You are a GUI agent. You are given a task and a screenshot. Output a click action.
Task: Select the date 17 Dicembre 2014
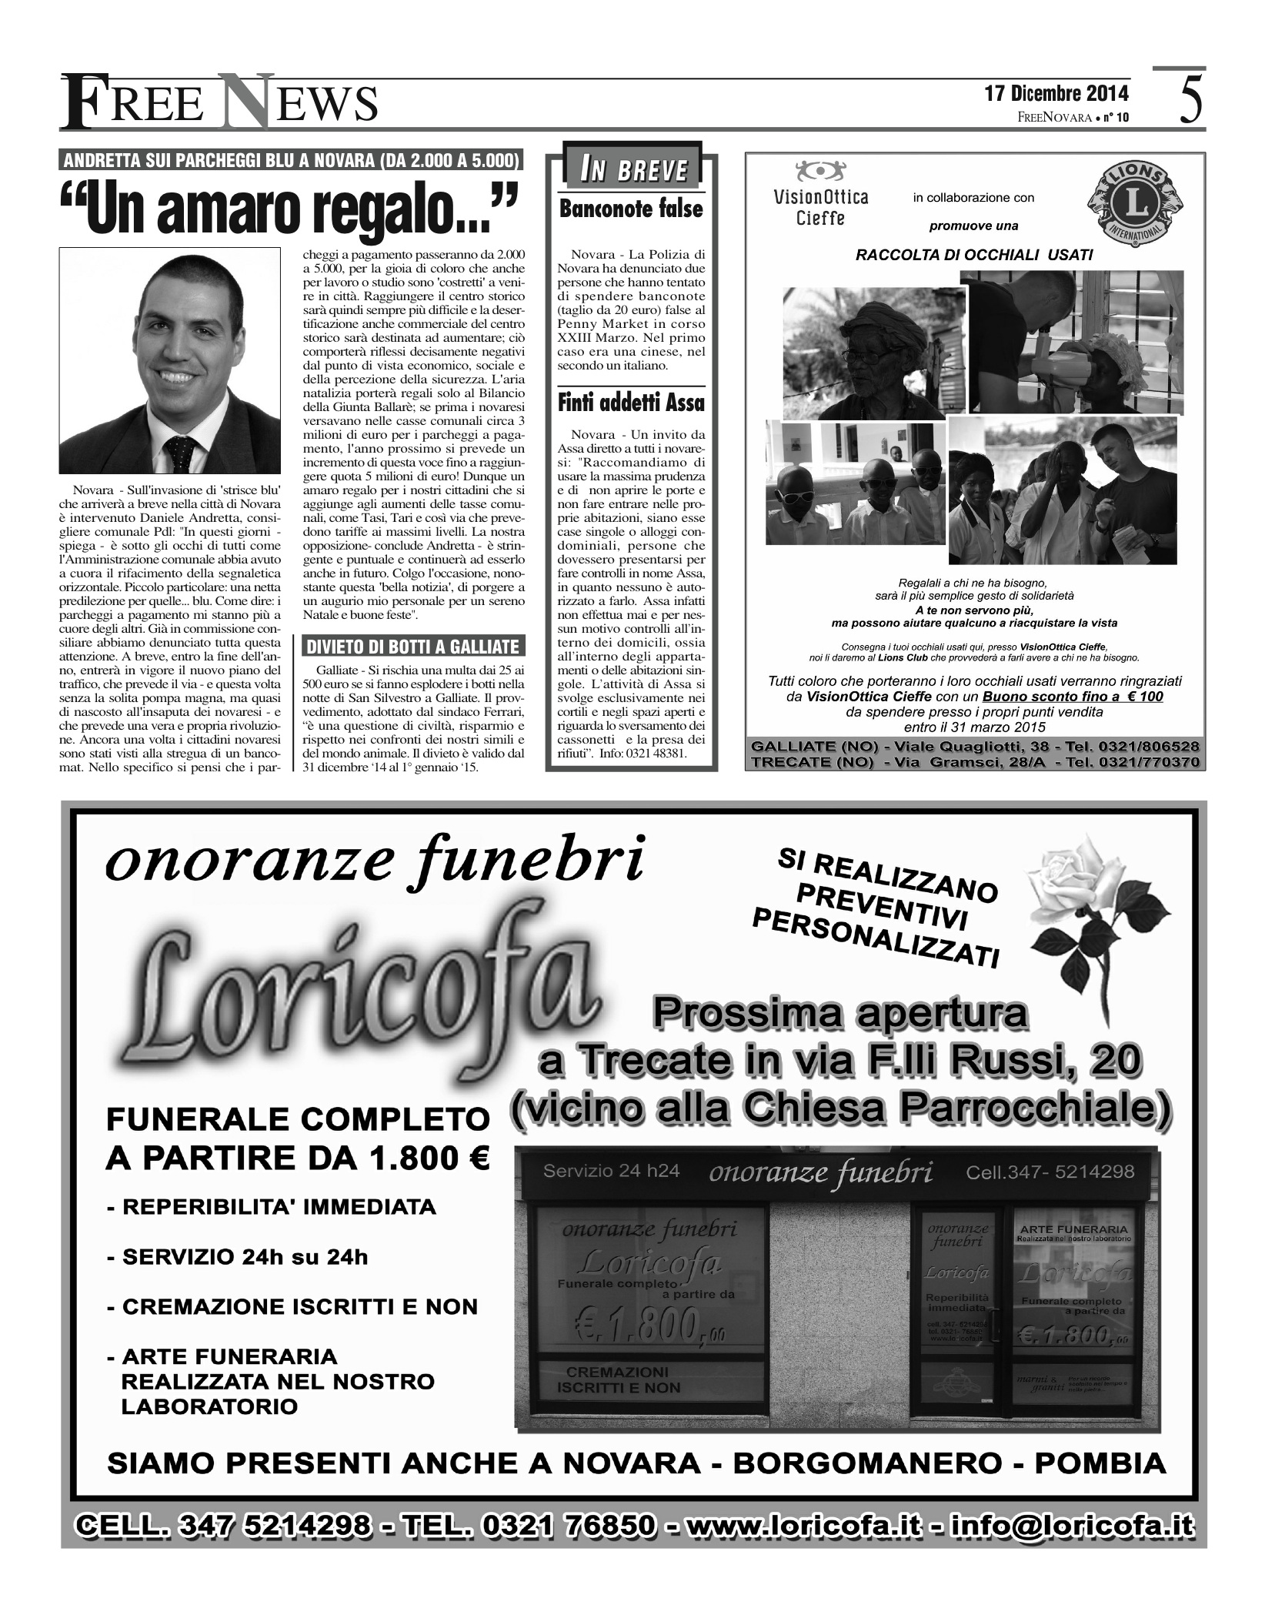point(1056,94)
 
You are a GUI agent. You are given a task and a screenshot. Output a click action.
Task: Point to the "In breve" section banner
point(633,170)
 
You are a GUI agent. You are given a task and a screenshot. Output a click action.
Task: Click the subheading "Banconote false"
point(631,209)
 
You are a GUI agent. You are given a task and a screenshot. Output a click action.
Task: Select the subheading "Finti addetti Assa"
point(631,403)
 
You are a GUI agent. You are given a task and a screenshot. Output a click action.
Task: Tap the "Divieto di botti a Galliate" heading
point(413,647)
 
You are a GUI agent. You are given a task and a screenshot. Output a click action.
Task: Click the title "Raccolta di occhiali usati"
point(974,255)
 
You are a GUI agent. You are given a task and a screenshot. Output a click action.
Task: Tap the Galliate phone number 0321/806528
point(1140,747)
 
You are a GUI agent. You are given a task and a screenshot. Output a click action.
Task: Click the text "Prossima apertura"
point(839,1014)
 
